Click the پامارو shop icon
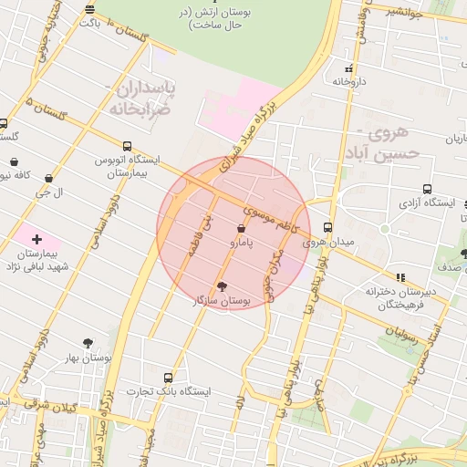click(x=241, y=228)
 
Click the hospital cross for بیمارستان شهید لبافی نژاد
click(x=36, y=238)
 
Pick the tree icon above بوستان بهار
click(x=88, y=343)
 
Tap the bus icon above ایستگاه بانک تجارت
click(x=167, y=377)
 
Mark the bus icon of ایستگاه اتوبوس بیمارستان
click(x=126, y=146)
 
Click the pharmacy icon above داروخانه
click(x=348, y=68)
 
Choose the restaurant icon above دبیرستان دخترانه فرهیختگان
click(x=400, y=277)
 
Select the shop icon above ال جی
click(x=47, y=179)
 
